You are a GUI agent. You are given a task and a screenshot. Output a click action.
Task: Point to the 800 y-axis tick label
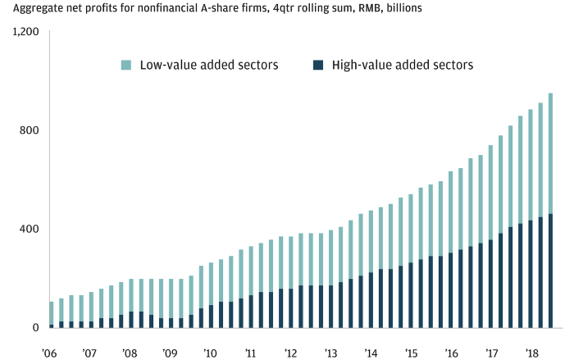30,130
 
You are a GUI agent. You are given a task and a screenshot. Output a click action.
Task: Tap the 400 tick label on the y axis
30,229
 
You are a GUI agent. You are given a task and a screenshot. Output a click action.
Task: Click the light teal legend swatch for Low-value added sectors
125,63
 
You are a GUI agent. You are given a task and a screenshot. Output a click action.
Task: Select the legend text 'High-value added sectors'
403,63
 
